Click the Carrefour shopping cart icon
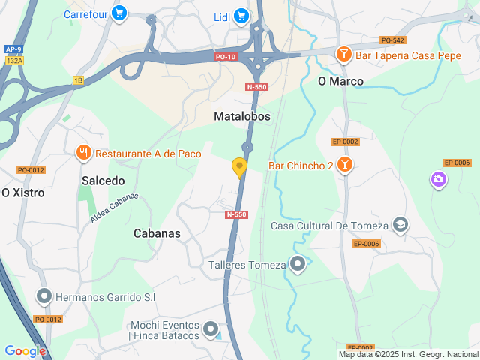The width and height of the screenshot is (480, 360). point(118,13)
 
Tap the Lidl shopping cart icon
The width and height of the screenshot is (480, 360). point(241,15)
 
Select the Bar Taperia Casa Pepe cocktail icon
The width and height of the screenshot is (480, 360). point(344,54)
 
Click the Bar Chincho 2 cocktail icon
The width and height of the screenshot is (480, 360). point(344,165)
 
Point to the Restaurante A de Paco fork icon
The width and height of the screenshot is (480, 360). point(83,154)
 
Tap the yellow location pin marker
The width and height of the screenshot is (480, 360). point(240,168)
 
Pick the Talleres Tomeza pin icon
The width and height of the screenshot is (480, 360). point(298,264)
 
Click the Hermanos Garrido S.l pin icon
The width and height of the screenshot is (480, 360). point(44,297)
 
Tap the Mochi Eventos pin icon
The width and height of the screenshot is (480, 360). point(211,329)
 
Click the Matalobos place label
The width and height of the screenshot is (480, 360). point(241,117)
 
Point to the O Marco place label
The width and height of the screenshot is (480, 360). point(340,81)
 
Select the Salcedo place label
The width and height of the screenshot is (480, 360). point(103,181)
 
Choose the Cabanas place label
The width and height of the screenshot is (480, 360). point(157,233)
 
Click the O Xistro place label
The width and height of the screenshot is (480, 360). point(23,193)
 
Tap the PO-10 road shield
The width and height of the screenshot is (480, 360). point(225,57)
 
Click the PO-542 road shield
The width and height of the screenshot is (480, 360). point(392,40)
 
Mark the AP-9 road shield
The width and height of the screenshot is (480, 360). point(13,49)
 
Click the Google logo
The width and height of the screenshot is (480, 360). point(25,350)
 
